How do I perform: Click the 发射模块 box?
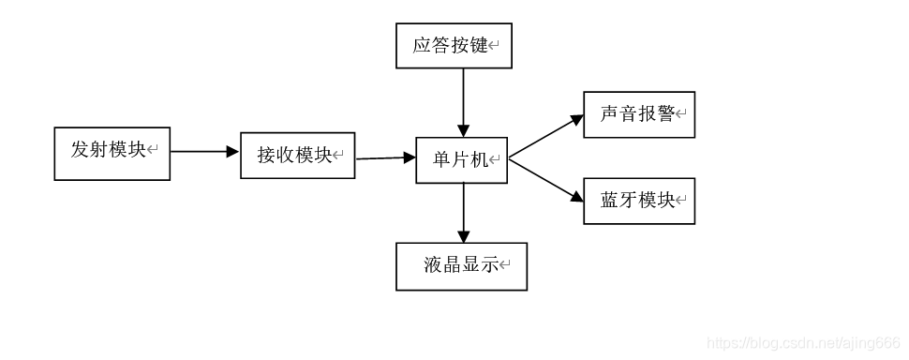pos(112,153)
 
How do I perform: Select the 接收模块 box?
pos(297,156)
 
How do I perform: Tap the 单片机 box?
pos(461,159)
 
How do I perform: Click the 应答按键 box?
pos(454,46)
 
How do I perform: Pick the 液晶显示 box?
pos(461,266)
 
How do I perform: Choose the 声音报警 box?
pos(639,114)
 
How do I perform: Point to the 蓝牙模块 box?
pos(639,201)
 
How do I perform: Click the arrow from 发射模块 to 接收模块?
pos(204,151)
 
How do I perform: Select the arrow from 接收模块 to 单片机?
pos(385,157)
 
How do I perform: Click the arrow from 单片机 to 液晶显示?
pos(463,213)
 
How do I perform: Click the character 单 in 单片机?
pos(441,159)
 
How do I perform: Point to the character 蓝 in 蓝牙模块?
pos(610,201)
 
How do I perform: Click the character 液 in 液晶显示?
pos(432,266)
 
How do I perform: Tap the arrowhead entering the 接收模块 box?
pos(233,151)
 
